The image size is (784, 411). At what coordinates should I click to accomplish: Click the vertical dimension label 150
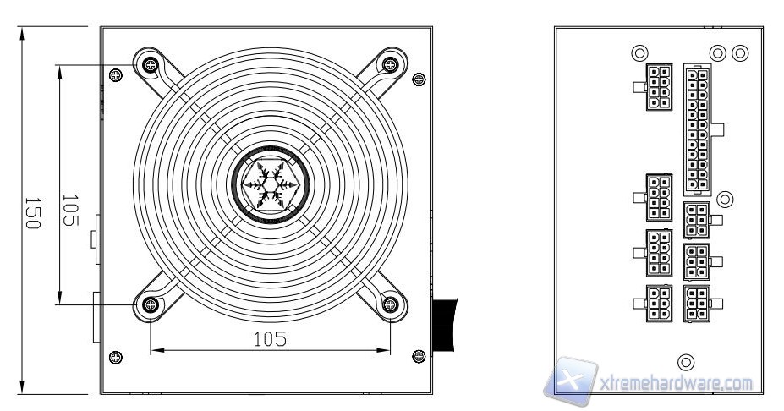point(32,213)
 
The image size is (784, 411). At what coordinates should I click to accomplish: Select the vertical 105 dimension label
point(70,211)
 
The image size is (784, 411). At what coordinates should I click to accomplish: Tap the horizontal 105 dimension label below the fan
point(270,339)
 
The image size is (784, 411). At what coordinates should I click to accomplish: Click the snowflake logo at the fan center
point(270,185)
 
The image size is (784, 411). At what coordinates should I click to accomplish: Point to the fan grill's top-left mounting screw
point(150,64)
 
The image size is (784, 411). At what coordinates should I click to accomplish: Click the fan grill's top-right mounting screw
point(390,64)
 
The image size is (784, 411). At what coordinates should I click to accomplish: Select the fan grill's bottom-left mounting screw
point(150,304)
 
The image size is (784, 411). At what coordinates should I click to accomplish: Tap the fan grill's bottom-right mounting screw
point(390,304)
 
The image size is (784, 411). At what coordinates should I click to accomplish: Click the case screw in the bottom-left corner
point(116,358)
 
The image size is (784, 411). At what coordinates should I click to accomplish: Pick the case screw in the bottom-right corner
point(419,356)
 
